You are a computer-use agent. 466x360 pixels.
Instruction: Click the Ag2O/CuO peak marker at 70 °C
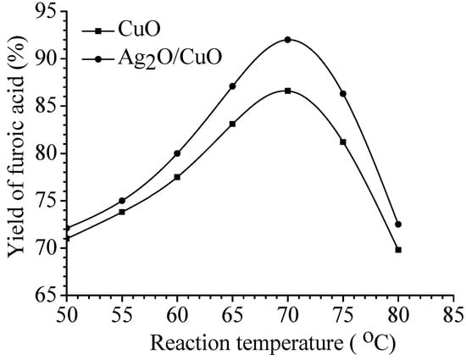288,40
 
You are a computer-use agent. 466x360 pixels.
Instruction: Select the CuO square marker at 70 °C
288,91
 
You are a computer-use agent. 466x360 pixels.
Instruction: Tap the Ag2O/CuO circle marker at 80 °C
398,224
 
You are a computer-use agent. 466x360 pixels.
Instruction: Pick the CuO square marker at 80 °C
398,250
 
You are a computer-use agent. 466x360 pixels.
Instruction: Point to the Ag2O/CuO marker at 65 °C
232,86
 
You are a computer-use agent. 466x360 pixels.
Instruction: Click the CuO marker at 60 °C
177,177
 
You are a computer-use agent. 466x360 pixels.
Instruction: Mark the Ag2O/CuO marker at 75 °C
343,93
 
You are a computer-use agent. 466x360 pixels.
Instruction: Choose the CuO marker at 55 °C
122,212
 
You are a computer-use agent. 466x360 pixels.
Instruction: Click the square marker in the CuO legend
98,31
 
